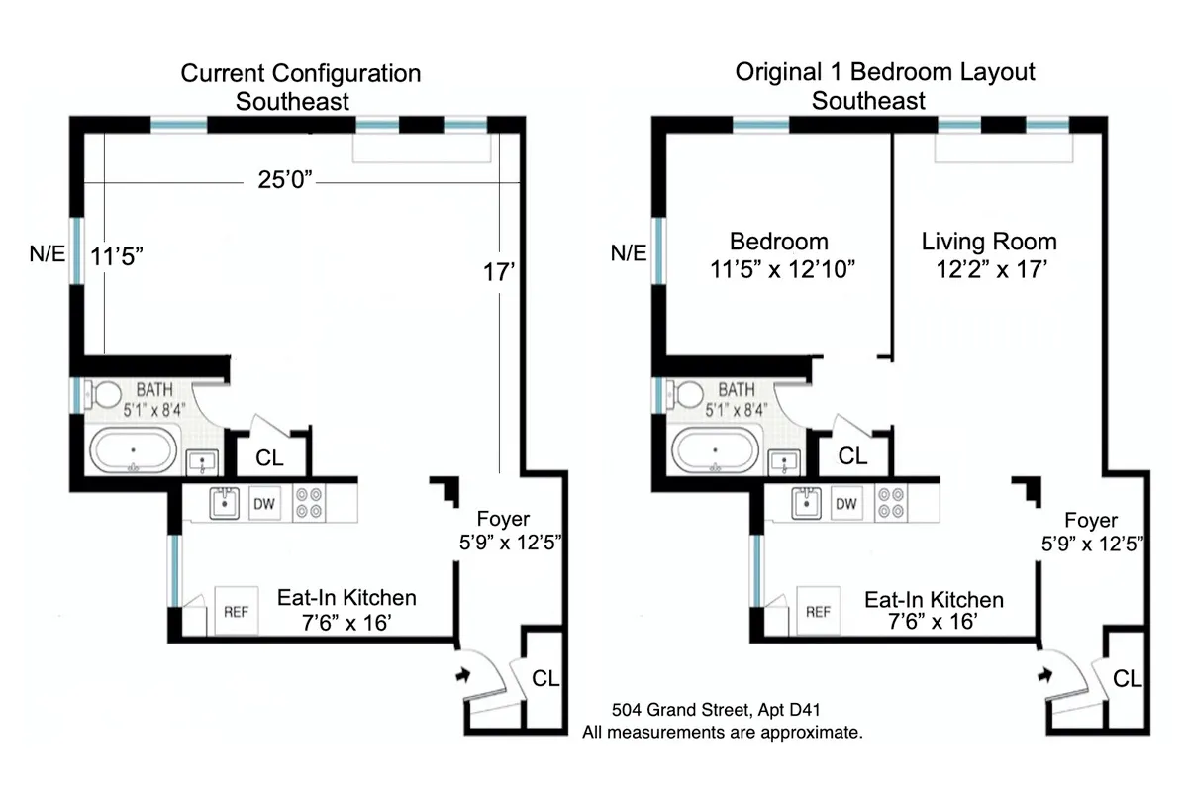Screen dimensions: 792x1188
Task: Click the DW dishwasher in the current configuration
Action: pos(264,503)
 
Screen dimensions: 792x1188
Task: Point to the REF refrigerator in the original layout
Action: pos(818,612)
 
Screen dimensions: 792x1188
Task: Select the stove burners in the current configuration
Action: pos(309,503)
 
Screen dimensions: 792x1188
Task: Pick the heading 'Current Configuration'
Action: pos(300,73)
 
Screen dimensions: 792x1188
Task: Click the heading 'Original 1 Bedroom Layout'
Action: pos(885,72)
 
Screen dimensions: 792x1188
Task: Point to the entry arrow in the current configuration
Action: pos(460,675)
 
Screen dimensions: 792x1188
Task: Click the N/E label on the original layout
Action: pos(628,254)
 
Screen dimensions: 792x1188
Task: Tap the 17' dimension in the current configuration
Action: pos(500,272)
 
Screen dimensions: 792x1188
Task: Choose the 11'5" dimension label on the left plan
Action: pos(118,254)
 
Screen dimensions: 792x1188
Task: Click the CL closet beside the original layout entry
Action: pos(1127,679)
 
